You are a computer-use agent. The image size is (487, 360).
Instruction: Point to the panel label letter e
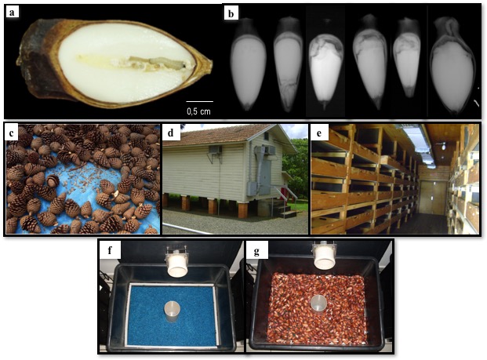(318, 133)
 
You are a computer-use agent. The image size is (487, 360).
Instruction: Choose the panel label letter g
(256, 251)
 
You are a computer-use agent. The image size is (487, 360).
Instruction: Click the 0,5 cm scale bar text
(199, 110)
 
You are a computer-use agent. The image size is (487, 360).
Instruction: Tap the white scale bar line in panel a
(199, 100)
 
